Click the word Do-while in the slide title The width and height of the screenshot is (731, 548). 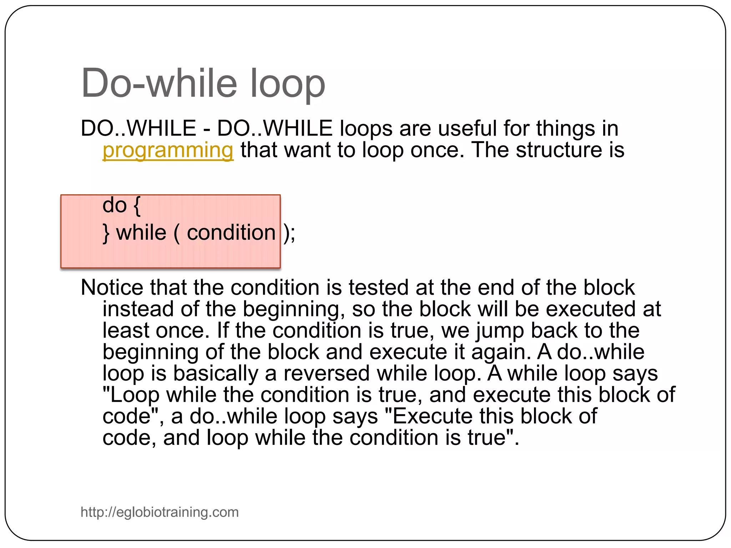[x=159, y=83]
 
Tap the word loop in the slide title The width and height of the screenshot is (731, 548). [x=287, y=84]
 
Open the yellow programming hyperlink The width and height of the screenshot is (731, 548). [x=168, y=150]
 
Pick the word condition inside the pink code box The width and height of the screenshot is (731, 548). [x=231, y=233]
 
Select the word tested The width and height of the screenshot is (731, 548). [x=379, y=287]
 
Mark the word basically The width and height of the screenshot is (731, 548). [x=216, y=374]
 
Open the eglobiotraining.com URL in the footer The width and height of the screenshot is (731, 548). [x=160, y=512]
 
